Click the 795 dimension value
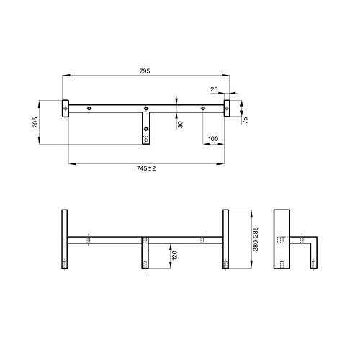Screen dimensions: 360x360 [x=145, y=71]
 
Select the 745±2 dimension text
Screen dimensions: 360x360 [x=146, y=168]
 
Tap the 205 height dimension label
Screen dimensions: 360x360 [x=35, y=122]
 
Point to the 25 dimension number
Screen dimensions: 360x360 [x=214, y=89]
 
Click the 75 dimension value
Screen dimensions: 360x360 [x=245, y=120]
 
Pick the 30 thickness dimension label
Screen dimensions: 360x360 [x=180, y=125]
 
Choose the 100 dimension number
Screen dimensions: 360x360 [x=213, y=139]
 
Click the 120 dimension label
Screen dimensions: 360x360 [x=174, y=256]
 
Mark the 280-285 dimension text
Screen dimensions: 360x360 [x=256, y=239]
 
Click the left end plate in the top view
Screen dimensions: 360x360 [x=66, y=109]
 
